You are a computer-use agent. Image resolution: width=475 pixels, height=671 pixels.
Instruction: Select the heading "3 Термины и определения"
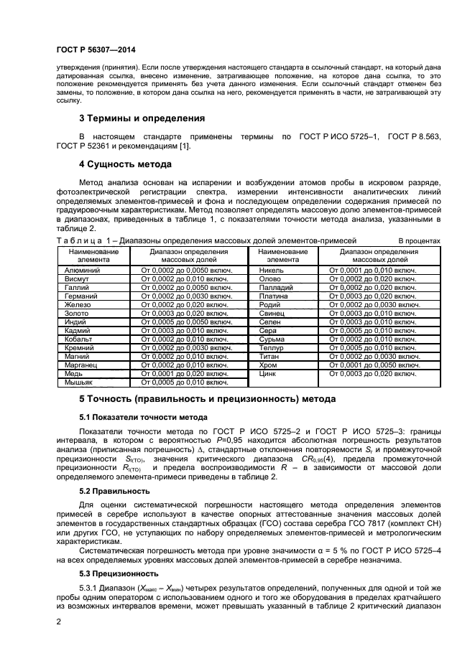pos(142,118)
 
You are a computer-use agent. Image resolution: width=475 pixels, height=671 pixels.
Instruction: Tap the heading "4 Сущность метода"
pos(124,164)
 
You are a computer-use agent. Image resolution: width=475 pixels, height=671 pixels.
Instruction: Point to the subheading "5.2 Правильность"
pos(114,491)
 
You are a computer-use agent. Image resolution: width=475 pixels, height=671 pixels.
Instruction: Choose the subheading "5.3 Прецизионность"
pos(117,574)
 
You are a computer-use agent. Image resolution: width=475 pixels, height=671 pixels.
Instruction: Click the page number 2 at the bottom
pos(58,624)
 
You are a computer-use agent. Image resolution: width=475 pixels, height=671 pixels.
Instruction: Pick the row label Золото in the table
pos(78,313)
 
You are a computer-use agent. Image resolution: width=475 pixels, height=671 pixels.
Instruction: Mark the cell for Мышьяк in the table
pos(78,382)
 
